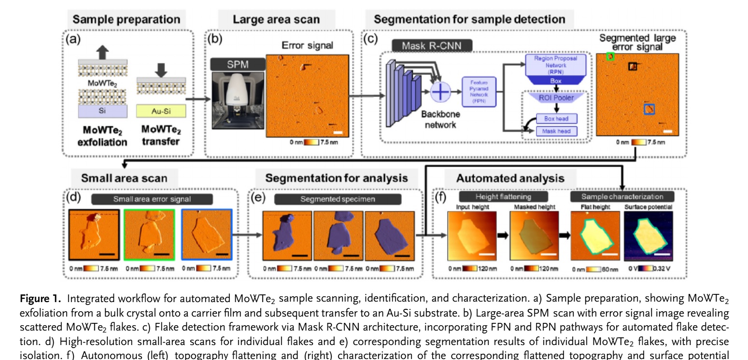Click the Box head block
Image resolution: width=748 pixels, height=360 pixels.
pos(556,118)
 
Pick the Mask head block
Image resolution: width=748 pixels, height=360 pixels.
pos(556,130)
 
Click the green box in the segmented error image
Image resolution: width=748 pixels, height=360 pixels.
pos(610,57)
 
